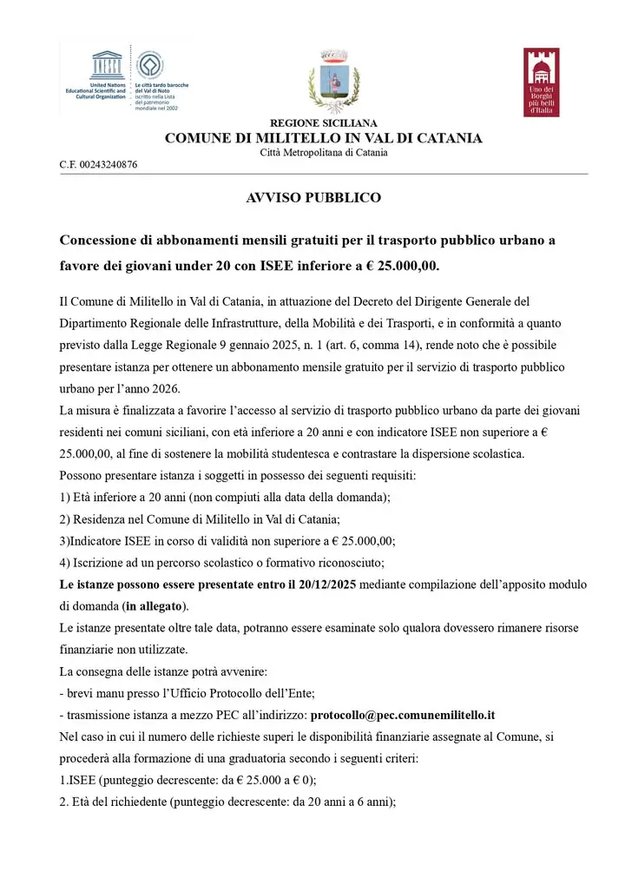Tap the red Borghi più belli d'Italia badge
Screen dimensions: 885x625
[541, 83]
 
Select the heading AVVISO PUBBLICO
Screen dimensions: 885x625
[313, 198]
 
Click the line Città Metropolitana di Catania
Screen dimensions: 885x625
[324, 153]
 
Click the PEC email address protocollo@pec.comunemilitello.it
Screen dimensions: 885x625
[403, 715]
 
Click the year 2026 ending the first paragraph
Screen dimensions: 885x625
[169, 387]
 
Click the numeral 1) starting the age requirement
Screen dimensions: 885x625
[65, 497]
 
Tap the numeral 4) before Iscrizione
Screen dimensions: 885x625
[65, 562]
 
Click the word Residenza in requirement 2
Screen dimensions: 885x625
[101, 518]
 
